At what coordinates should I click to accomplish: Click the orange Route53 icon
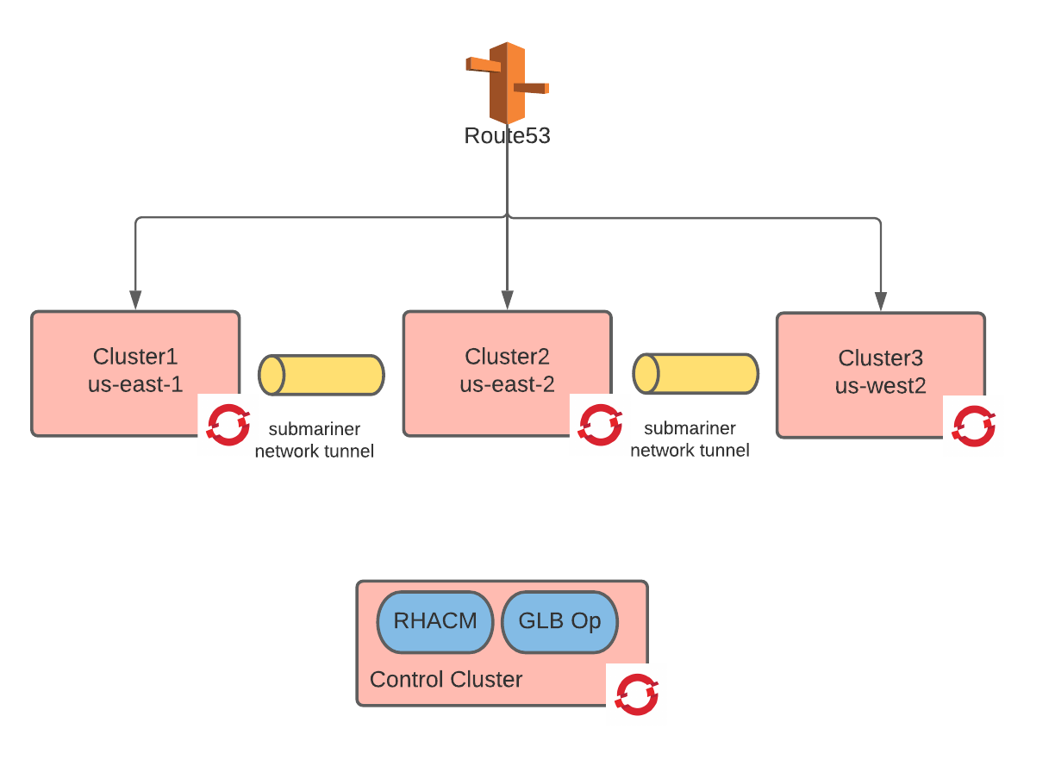click(x=507, y=82)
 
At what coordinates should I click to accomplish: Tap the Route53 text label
click(x=507, y=136)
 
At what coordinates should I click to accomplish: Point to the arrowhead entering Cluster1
click(x=135, y=301)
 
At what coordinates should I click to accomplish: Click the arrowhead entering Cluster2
click(x=507, y=301)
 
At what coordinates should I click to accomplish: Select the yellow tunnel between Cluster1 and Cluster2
click(x=321, y=375)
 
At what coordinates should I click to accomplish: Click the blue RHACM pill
click(x=434, y=621)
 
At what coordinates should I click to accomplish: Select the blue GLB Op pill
click(x=559, y=621)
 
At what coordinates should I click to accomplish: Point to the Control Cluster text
click(x=446, y=680)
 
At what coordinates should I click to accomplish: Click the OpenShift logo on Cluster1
click(x=228, y=425)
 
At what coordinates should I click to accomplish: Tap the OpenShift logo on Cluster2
click(x=600, y=425)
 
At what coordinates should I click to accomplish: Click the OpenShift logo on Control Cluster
click(x=637, y=694)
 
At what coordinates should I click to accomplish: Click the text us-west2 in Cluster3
click(x=880, y=386)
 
